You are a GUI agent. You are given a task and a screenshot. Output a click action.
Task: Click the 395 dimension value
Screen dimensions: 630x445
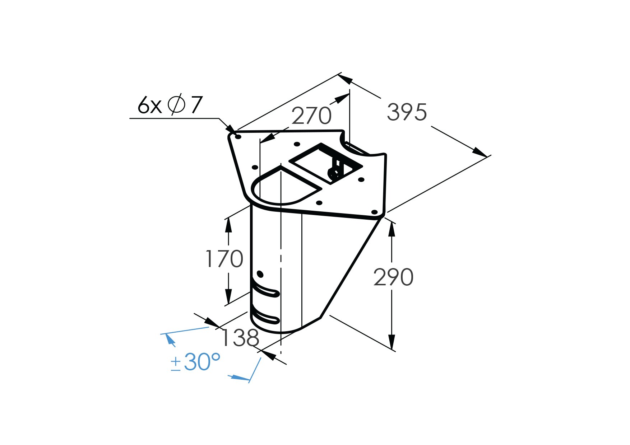407,112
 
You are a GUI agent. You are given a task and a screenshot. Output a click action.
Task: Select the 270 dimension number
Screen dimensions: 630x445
311,116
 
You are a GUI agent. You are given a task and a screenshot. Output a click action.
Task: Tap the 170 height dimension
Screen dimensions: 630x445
224,259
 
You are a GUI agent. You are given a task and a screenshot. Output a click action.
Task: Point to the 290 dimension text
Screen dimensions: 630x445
393,277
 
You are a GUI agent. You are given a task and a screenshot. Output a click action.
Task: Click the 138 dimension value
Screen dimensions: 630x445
240,338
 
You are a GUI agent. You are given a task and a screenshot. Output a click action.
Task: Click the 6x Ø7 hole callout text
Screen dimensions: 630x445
170,105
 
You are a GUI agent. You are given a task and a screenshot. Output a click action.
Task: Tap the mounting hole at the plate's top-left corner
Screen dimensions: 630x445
238,137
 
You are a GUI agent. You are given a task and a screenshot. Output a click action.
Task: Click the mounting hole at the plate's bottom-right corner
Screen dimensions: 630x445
374,212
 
